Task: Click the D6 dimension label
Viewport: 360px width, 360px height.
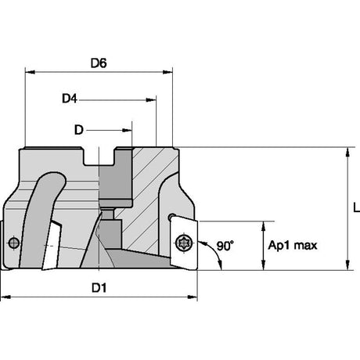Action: click(99, 63)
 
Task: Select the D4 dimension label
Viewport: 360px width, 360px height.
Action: click(70, 99)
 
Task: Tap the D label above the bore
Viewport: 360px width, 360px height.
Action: click(79, 130)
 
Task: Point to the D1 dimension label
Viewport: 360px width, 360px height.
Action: click(99, 288)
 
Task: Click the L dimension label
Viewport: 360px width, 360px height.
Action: click(356, 208)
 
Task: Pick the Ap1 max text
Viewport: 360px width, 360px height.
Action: click(293, 246)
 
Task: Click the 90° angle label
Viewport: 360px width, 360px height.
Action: click(225, 246)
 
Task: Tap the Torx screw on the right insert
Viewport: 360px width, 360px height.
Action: click(184, 243)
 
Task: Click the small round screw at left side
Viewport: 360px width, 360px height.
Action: click(13, 243)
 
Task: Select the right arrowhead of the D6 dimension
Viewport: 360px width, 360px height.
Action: click(167, 72)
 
